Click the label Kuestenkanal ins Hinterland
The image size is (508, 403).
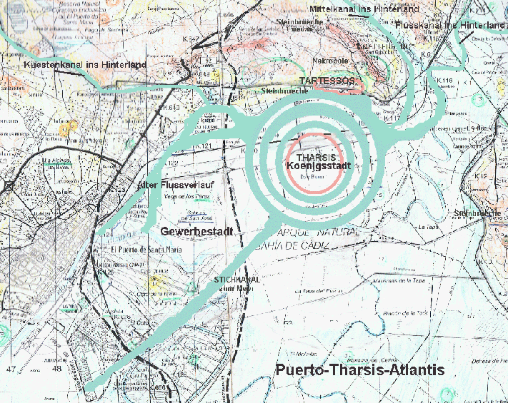[85, 65]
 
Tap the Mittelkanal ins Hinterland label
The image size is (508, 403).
[364, 9]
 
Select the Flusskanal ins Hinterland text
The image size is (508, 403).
[449, 25]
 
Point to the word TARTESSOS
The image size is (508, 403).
[327, 81]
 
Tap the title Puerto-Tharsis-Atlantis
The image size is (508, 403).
[359, 370]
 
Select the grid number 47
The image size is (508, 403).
[11, 369]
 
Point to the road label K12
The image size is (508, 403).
[479, 175]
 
